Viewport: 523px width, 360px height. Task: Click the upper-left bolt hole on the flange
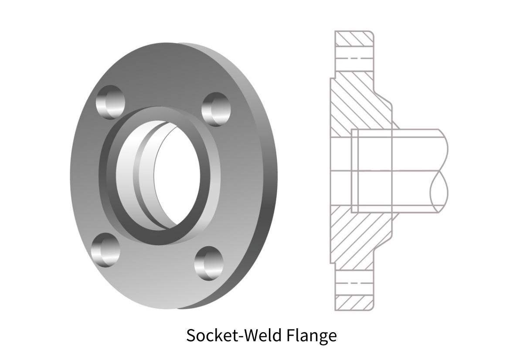coord(110,102)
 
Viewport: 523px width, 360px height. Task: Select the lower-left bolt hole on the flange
coord(105,250)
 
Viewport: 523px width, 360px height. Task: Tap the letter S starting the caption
coord(190,336)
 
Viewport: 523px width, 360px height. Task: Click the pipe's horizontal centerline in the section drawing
coord(392,170)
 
